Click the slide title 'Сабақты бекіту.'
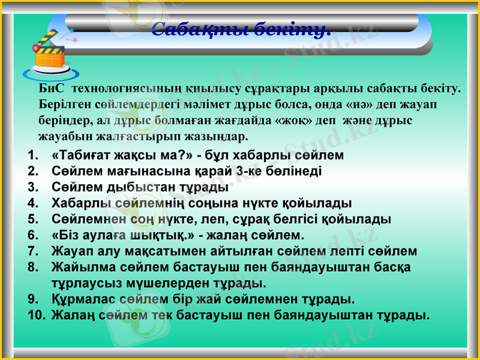241,29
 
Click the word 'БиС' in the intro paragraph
52,89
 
